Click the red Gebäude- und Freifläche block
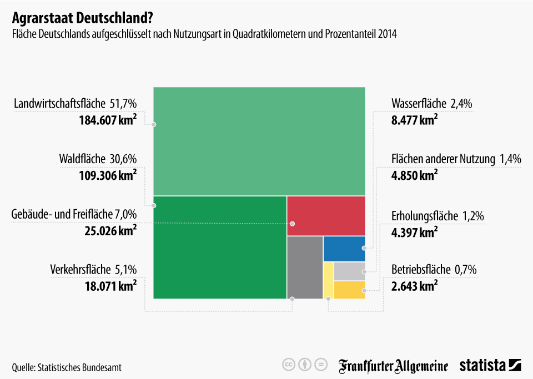tap(326, 216)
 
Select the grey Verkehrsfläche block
tap(305, 267)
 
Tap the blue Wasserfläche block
tap(344, 249)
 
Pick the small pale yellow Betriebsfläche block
tap(328, 280)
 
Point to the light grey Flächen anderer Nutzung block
tap(349, 271)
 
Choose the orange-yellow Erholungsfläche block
tap(349, 290)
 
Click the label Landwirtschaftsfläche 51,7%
tap(75, 103)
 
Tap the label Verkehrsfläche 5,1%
tap(93, 270)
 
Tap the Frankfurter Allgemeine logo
tap(394, 365)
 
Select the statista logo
tap(490, 365)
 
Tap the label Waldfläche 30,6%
tap(98, 159)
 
